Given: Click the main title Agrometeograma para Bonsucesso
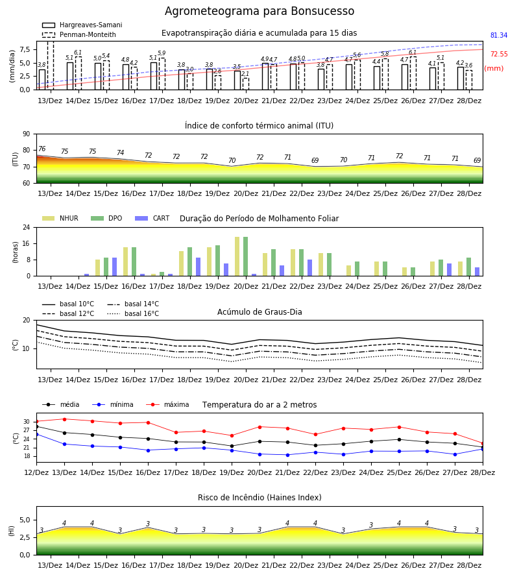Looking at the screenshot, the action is pyautogui.click(x=259, y=12).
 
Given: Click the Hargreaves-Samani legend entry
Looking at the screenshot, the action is pyautogui.click(x=82, y=25).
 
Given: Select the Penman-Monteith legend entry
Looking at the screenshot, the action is pyautogui.click(x=79, y=34).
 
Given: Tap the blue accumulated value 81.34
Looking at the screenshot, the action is pyautogui.click(x=499, y=36).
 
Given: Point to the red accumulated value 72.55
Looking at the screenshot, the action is pyautogui.click(x=499, y=55).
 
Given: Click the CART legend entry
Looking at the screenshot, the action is pyautogui.click(x=152, y=218).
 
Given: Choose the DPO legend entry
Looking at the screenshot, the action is pyautogui.click(x=106, y=218).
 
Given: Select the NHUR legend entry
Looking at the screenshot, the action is pyautogui.click(x=60, y=218).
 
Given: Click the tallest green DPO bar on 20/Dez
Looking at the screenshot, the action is pyautogui.click(x=245, y=256).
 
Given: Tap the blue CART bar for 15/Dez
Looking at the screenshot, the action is pyautogui.click(x=114, y=267).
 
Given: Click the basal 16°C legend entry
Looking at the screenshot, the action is pyautogui.click(x=133, y=313).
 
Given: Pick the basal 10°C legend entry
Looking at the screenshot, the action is pyautogui.click(x=68, y=304).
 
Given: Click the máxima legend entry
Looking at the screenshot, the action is pyautogui.click(x=167, y=404).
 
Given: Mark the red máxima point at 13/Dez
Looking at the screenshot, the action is pyautogui.click(x=64, y=419).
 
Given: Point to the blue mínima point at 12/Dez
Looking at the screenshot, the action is pyautogui.click(x=36, y=434).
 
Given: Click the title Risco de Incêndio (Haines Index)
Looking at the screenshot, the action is pyautogui.click(x=259, y=498).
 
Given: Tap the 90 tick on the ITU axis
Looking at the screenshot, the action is pyautogui.click(x=27, y=134).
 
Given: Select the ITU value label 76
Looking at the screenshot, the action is pyautogui.click(x=42, y=149).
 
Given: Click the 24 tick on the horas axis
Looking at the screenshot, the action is pyautogui.click(x=27, y=227).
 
